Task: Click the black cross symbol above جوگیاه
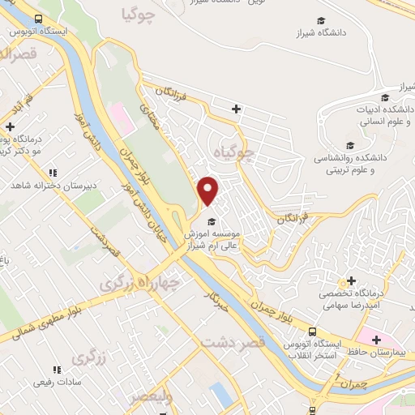[x=236, y=109]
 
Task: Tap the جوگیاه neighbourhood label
[x=235, y=151]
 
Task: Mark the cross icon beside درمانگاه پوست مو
[x=10, y=126]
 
